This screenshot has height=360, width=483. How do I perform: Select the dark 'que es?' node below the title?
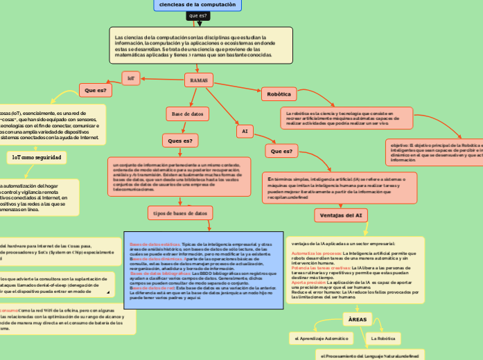point(198,15)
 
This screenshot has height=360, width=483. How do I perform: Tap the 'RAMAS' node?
point(197,81)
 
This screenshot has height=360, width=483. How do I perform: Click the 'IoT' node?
point(131,78)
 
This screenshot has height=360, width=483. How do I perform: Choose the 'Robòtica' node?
point(279,93)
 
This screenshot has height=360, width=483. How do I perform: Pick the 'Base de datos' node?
point(187,114)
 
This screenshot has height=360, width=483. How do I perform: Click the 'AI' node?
point(245,130)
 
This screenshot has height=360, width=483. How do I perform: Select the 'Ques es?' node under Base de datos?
point(180,141)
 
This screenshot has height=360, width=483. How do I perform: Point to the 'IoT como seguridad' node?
point(37,157)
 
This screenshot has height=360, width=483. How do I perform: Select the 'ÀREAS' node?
point(358,318)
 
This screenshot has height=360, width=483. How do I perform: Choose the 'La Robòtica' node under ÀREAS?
point(383,338)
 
